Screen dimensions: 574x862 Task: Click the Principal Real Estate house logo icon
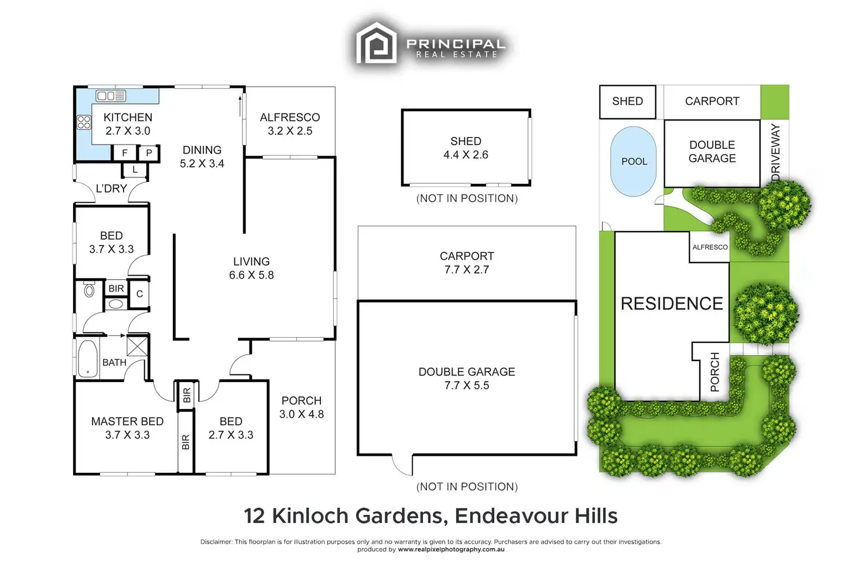377,43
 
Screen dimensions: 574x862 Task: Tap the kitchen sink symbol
111,96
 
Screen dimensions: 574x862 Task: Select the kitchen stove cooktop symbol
84,122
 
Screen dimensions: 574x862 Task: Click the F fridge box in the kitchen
125,153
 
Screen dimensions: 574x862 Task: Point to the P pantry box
149,153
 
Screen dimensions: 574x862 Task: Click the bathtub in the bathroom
88,358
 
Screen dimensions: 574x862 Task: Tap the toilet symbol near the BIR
90,290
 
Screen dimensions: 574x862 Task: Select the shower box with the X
137,345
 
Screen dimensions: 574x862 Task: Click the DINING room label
202,150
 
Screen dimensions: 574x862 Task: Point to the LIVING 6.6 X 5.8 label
251,268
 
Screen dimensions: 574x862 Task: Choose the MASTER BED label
127,421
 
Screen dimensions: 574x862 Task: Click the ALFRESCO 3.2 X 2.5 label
290,123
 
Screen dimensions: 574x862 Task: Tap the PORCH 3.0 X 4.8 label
302,407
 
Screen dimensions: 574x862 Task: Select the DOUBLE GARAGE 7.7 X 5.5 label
467,378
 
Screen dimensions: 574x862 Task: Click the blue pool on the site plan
634,161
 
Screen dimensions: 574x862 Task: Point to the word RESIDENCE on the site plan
672,304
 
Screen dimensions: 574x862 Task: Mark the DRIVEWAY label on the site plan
776,152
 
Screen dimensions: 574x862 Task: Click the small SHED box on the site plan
627,101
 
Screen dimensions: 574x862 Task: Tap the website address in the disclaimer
451,549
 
